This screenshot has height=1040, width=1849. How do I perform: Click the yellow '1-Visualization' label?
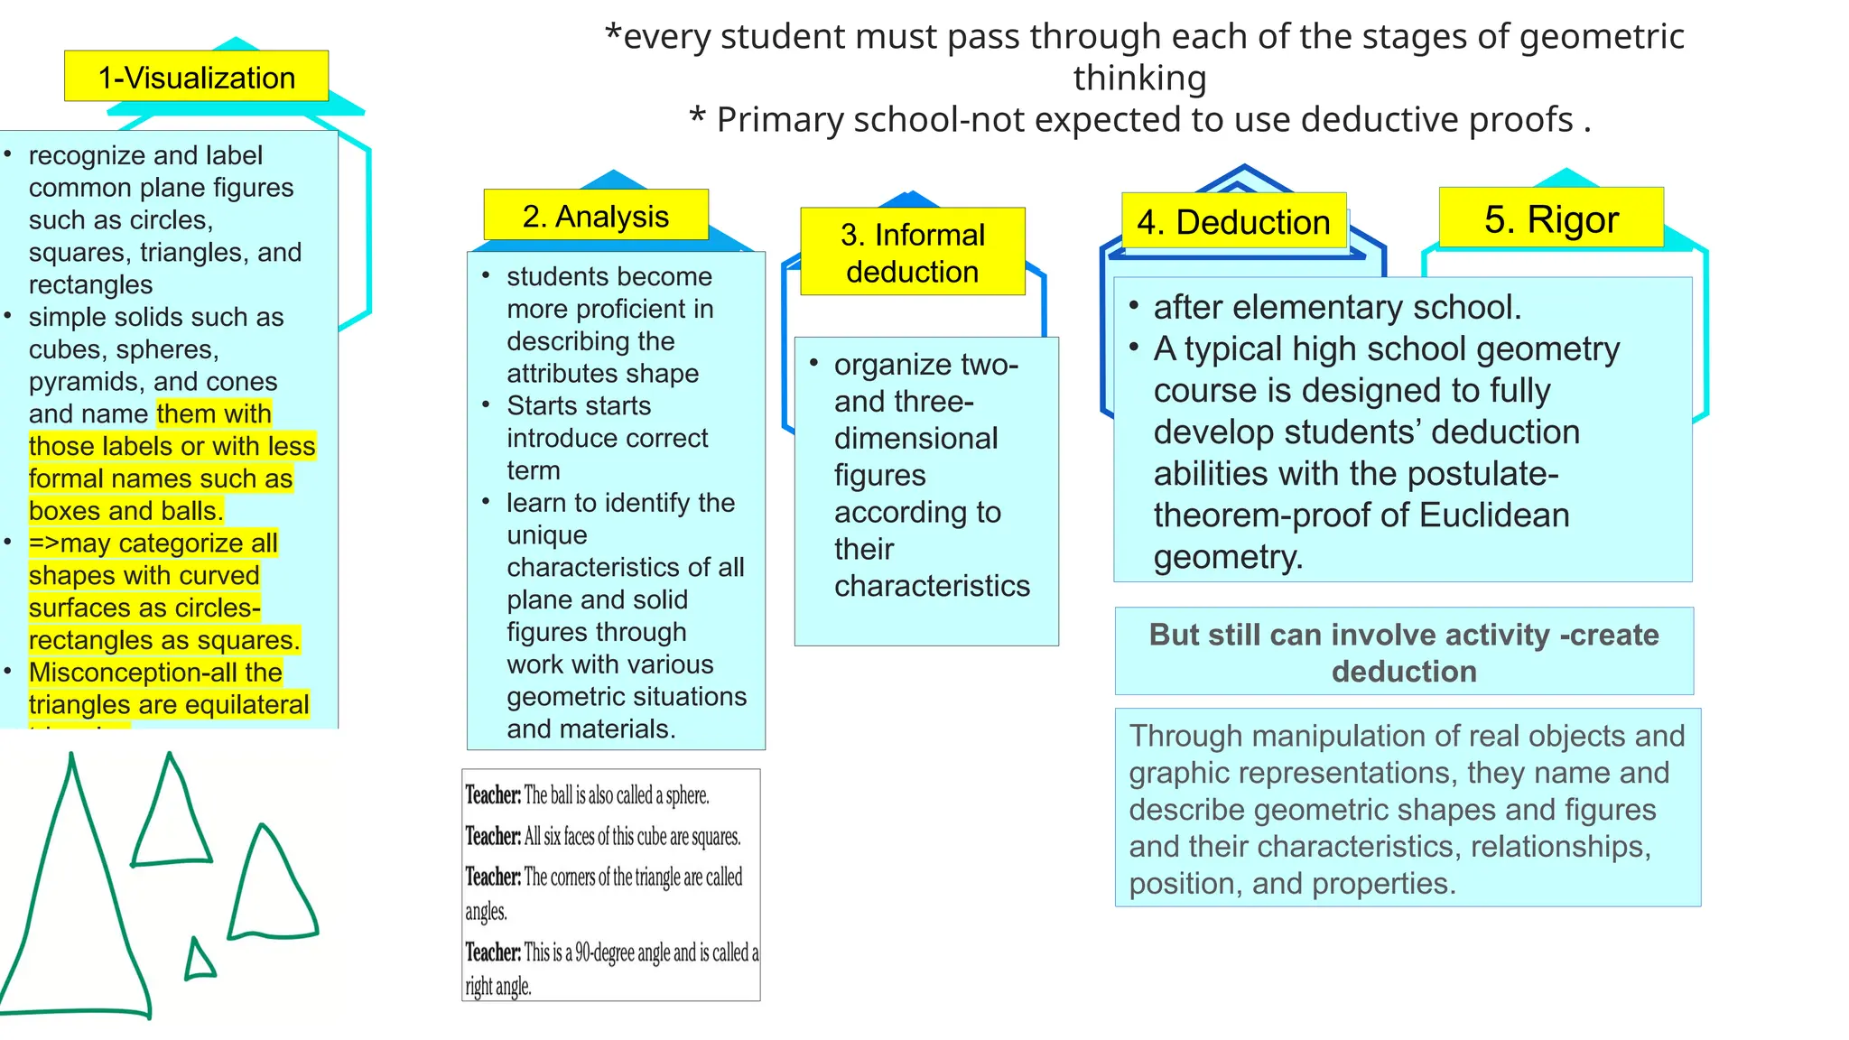[196, 77]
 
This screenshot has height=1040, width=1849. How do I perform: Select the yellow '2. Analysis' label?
[595, 216]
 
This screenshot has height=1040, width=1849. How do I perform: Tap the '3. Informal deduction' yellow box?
[912, 252]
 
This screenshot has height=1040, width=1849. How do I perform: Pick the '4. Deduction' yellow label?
[1233, 221]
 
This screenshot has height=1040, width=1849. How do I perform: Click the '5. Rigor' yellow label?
[1550, 218]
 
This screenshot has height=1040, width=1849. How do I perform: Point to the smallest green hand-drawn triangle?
[199, 962]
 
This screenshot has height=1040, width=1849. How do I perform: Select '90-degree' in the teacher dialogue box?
[604, 952]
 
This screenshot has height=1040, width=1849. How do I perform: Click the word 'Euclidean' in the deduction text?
[1493, 515]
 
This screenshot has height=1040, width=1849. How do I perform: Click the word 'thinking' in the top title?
[1139, 78]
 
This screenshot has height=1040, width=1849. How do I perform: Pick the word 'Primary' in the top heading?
[780, 119]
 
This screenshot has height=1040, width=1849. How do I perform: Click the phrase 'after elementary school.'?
[1337, 308]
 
